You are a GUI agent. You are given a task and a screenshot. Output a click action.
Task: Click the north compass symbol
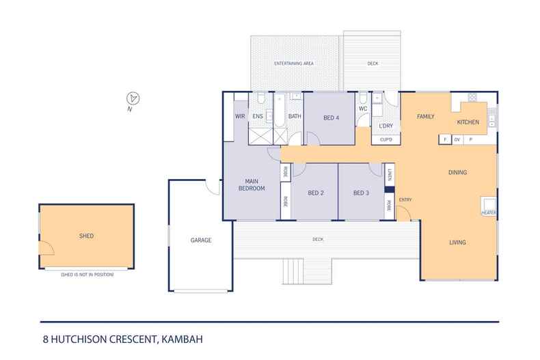pyautogui.click(x=133, y=98)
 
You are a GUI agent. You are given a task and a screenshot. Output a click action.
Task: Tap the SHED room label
pyautogui.click(x=86, y=236)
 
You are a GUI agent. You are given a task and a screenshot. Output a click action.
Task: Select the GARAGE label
pyautogui.click(x=201, y=240)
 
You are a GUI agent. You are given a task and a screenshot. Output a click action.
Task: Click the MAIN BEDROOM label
pyautogui.click(x=252, y=185)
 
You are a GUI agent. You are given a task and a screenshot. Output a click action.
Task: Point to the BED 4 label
pyautogui.click(x=332, y=117)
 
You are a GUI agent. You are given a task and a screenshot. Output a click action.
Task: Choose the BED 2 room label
pyautogui.click(x=316, y=193)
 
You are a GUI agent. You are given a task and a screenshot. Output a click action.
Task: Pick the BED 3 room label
pyautogui.click(x=362, y=193)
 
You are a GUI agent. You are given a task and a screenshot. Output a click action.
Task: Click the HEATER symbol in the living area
pyautogui.click(x=489, y=206)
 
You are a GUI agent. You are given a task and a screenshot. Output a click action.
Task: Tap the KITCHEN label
pyautogui.click(x=468, y=122)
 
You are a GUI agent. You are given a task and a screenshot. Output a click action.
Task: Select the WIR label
pyautogui.click(x=240, y=116)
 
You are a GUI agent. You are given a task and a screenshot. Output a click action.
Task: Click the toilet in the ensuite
pyautogui.click(x=260, y=98)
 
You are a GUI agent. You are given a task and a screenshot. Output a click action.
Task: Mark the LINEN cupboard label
pyautogui.click(x=390, y=175)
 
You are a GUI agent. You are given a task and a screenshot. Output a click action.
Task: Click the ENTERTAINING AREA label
pyautogui.click(x=294, y=64)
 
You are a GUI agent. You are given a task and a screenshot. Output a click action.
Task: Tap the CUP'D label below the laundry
pyautogui.click(x=386, y=140)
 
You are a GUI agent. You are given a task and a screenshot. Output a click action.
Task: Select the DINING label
pyautogui.click(x=458, y=172)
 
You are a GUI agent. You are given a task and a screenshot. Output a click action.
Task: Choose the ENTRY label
pyautogui.click(x=405, y=199)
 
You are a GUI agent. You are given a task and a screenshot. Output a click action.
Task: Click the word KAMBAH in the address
pyautogui.click(x=183, y=340)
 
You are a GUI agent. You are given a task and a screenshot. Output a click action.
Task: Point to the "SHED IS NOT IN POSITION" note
pyautogui.click(x=87, y=275)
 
